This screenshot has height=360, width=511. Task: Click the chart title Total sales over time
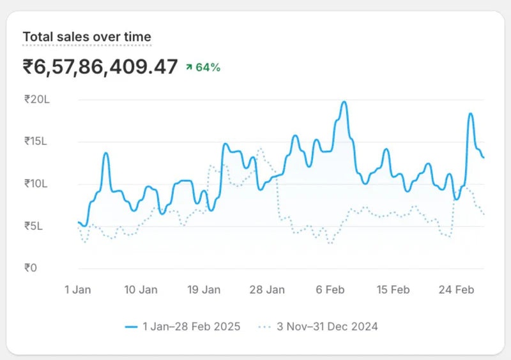87,37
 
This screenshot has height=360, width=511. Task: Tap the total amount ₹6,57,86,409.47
100,67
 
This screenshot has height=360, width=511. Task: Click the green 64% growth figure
208,68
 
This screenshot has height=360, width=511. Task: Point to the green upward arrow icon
189,68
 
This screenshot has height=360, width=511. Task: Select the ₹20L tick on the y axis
36,100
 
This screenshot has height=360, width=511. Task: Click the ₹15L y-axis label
36,142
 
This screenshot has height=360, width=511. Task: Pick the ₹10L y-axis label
36,184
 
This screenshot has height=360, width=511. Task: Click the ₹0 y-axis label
31,268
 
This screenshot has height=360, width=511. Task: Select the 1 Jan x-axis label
78,290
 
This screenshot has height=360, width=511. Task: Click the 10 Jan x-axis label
141,290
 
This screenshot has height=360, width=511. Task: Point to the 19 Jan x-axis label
204,290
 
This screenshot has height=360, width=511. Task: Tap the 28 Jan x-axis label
267,290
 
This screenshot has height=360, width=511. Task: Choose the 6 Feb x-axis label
330,290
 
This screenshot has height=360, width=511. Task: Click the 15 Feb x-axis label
393,290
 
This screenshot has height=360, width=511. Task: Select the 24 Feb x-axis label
456,290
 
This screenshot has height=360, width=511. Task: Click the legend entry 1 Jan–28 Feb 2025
191,327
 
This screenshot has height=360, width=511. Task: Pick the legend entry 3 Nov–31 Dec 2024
327,327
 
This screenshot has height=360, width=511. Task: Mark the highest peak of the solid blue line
344,102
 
